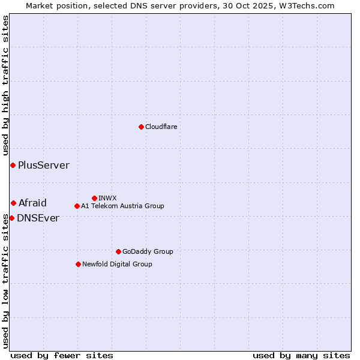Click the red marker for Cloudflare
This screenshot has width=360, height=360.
(141, 127)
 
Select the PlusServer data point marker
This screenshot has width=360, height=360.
(13, 165)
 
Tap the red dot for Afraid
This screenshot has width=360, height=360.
(13, 203)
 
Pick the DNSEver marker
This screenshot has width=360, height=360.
(11, 218)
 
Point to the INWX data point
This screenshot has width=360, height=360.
(94, 198)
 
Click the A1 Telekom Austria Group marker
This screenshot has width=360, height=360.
(77, 206)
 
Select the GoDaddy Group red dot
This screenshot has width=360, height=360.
(118, 251)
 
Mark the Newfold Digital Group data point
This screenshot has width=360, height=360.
(78, 264)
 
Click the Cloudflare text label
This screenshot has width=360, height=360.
(161, 127)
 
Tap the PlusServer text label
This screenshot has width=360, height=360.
(43, 165)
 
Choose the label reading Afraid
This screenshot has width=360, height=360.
(32, 203)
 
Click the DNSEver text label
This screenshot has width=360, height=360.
(38, 218)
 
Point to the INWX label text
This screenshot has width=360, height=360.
(107, 198)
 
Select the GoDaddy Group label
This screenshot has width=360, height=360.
(147, 251)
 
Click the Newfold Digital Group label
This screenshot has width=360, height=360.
(117, 264)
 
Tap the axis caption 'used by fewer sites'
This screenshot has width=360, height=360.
(62, 355)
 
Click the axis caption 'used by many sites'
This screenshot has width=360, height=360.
(301, 355)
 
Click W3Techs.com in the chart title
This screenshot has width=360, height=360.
(305, 5)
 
